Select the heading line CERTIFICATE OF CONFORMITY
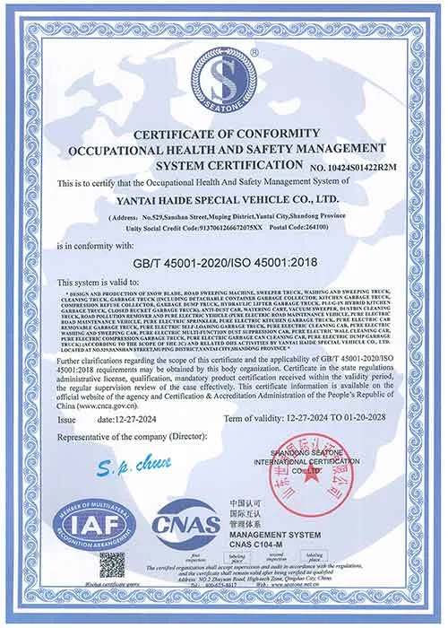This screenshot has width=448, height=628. (x=222, y=135)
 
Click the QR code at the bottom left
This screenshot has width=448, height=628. (x=112, y=567)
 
